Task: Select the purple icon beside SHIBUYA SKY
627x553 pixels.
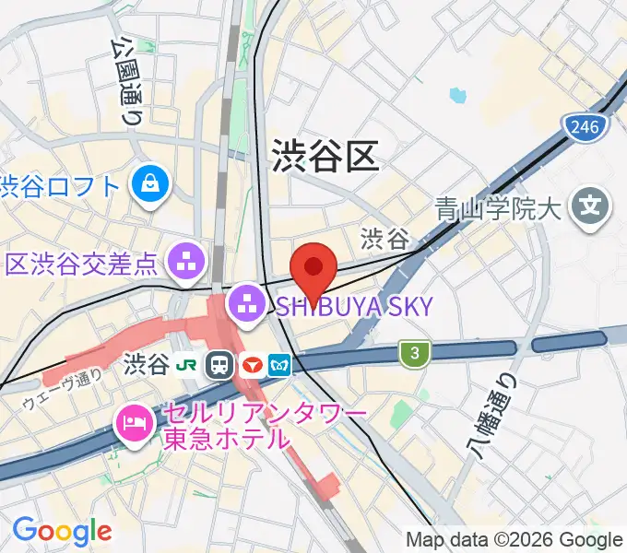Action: [x=247, y=301]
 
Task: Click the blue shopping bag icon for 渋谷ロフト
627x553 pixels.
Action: [x=148, y=185]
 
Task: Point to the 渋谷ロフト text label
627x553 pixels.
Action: [x=61, y=186]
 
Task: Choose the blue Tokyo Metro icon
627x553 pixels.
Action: [x=279, y=365]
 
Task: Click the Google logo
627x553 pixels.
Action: [x=61, y=531]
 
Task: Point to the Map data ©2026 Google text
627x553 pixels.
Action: [x=515, y=539]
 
